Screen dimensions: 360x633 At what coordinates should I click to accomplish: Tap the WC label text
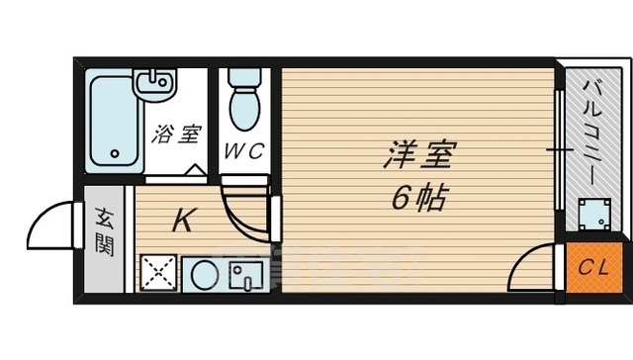point(241,152)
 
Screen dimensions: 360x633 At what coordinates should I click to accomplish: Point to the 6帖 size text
point(415,198)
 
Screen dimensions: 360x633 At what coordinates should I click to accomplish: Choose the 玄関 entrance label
point(104,231)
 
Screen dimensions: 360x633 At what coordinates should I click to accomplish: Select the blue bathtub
point(115,121)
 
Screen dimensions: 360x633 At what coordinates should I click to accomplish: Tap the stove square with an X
point(158,272)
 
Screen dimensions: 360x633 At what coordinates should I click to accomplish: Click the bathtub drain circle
point(115,154)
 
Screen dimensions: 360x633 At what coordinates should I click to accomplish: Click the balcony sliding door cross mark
point(560,151)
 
